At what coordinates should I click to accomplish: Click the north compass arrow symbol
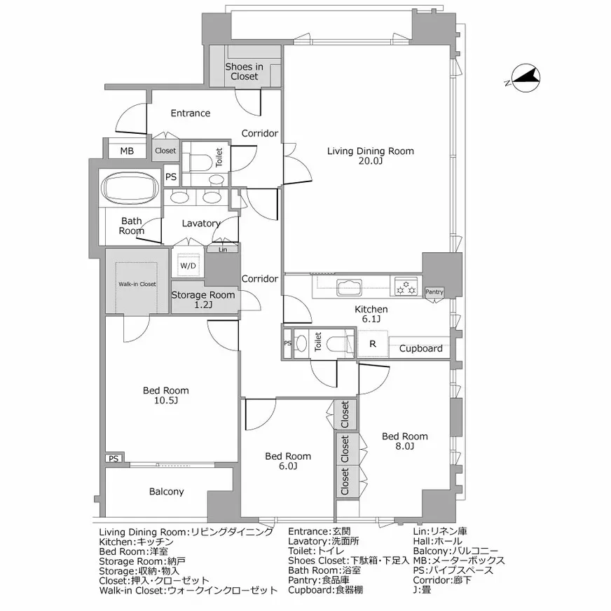point(525,78)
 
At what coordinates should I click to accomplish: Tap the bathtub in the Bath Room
point(131,190)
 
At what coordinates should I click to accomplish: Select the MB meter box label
point(126,151)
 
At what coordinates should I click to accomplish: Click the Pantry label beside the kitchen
point(434,291)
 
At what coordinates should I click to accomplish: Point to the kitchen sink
point(348,286)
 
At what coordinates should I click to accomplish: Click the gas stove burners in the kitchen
point(406,286)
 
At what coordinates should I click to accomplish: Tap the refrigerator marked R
point(373,344)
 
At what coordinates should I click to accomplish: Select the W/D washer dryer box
point(188,266)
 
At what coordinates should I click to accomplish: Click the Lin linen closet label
point(223,249)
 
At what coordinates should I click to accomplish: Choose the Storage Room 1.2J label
point(203,300)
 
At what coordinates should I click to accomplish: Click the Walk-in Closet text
point(137,284)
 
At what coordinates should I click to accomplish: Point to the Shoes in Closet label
point(244,71)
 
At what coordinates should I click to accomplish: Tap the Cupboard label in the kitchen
point(420,348)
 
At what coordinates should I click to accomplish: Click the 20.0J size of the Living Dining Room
point(371,162)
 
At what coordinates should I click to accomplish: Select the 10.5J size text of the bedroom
point(166,401)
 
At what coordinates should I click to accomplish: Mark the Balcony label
point(167,491)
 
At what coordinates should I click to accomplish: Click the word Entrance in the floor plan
point(191,113)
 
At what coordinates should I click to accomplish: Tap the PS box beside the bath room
point(171,177)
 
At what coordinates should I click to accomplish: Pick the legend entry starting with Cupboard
point(325,590)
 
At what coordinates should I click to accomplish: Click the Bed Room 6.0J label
point(288,461)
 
